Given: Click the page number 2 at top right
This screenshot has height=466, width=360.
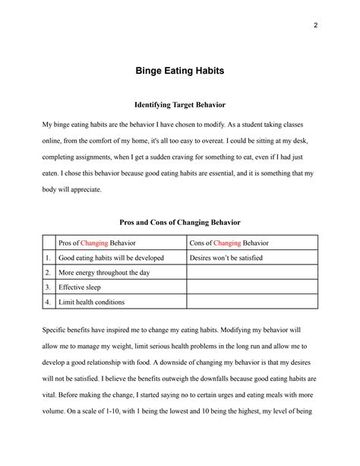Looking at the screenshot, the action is tap(314, 24).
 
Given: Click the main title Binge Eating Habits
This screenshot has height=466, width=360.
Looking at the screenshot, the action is tap(179, 71).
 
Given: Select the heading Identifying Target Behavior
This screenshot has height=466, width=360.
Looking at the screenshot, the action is tap(179, 104).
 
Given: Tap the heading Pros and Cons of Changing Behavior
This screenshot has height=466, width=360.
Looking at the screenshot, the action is tap(179, 222).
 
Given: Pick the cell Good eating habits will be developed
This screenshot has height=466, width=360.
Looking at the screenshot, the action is tap(111, 258).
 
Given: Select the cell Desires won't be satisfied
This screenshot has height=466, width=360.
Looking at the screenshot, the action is tap(225, 258).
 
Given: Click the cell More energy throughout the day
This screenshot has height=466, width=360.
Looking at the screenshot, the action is tap(103, 272).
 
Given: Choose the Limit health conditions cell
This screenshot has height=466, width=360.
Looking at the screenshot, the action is tap(92, 302).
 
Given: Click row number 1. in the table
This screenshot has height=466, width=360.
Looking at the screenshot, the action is tap(48, 258).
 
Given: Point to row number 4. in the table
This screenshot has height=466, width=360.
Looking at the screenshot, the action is tap(48, 302).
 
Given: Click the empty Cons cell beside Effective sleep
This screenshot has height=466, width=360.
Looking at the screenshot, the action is tap(251, 287).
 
